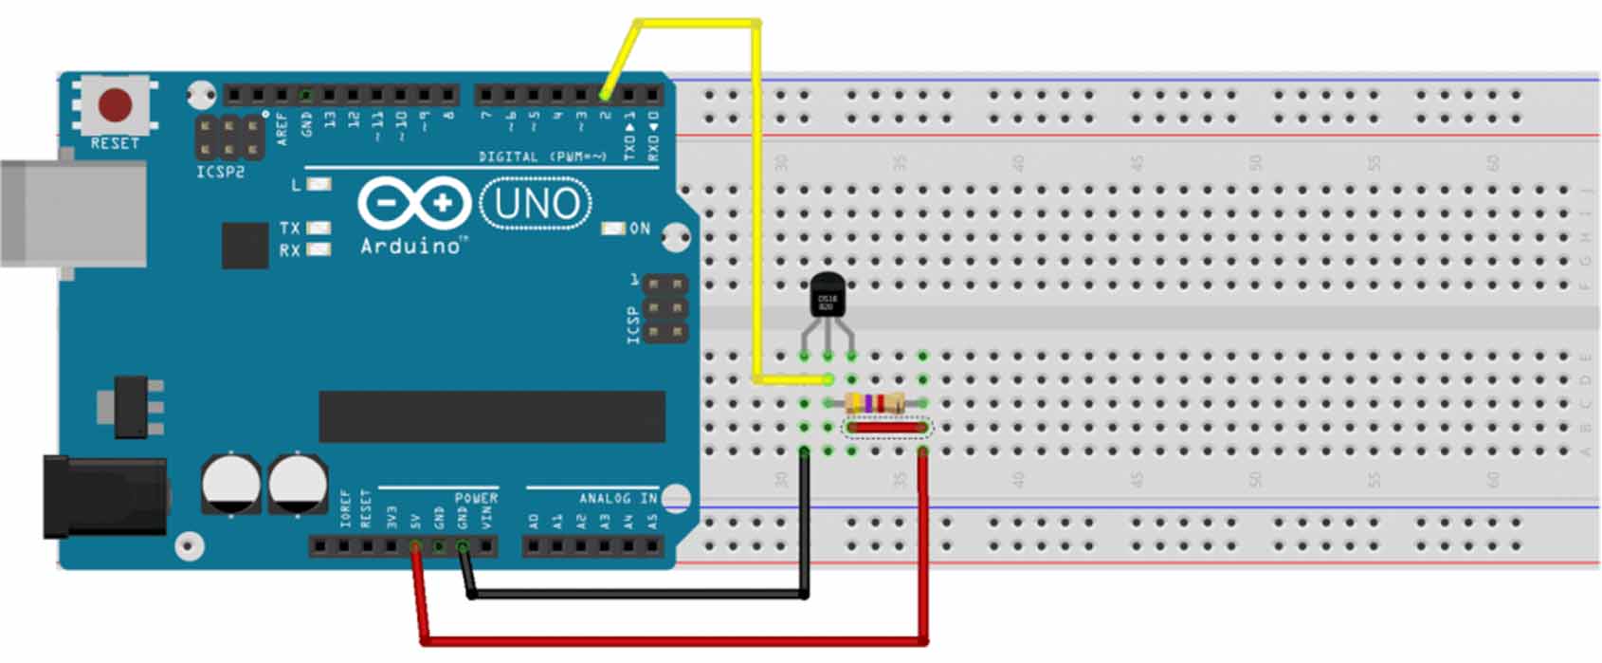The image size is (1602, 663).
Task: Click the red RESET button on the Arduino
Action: (116, 104)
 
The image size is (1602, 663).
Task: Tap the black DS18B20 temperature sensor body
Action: (828, 296)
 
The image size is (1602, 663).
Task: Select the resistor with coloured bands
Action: (874, 403)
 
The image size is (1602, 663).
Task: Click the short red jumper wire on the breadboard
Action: (886, 428)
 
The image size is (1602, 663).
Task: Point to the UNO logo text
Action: (537, 203)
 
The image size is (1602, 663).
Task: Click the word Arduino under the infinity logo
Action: (410, 247)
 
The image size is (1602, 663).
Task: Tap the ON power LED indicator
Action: (614, 229)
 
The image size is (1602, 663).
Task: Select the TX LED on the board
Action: (319, 228)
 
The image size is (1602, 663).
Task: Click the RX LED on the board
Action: (319, 249)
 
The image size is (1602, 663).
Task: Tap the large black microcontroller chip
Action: (491, 416)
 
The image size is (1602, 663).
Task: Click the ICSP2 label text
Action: (220, 173)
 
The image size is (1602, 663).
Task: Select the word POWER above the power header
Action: (476, 498)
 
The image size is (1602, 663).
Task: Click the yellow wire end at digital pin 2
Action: (605, 95)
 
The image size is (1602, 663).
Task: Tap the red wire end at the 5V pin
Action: (415, 547)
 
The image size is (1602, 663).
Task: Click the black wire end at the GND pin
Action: (463, 547)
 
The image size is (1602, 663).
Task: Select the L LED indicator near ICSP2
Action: (319, 184)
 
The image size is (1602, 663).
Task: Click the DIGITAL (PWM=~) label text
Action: (541, 157)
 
